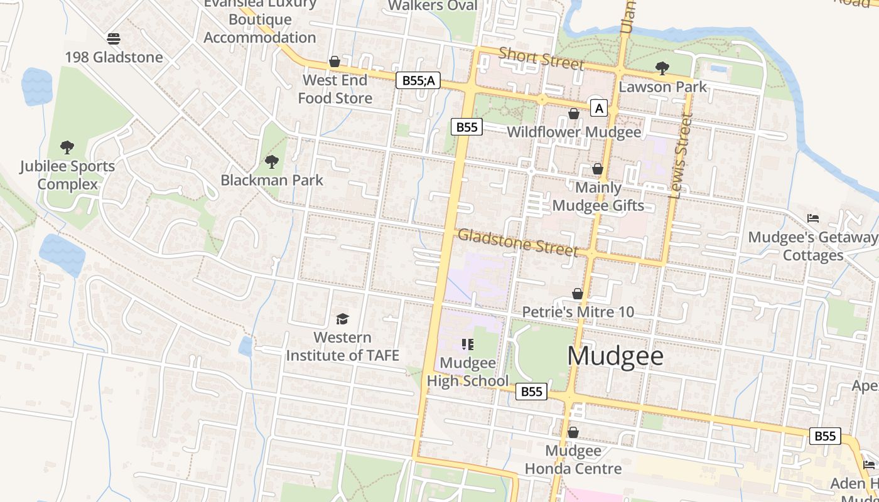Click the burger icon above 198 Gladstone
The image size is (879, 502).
pyautogui.click(x=114, y=39)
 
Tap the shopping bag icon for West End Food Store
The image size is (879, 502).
pyautogui.click(x=335, y=62)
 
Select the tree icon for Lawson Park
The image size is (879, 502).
pyautogui.click(x=662, y=68)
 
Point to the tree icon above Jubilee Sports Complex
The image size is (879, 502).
pyautogui.click(x=67, y=148)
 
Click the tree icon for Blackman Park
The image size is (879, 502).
pyautogui.click(x=272, y=162)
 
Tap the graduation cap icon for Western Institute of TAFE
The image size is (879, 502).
pyautogui.click(x=342, y=319)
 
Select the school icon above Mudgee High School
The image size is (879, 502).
pyautogui.click(x=467, y=344)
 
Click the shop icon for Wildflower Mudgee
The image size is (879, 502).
pyautogui.click(x=573, y=114)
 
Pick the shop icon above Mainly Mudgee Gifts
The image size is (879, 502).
pyautogui.click(x=598, y=169)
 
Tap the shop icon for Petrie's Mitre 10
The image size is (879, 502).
pyautogui.click(x=578, y=294)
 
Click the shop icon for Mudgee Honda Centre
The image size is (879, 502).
pyautogui.click(x=573, y=432)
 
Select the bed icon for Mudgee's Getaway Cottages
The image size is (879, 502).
pyautogui.click(x=813, y=219)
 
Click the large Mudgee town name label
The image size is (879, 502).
pyautogui.click(x=615, y=356)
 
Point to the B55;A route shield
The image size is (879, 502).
pyautogui.click(x=418, y=80)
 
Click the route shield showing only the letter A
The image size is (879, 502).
pyautogui.click(x=599, y=109)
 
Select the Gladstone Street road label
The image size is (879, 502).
pyautogui.click(x=517, y=242)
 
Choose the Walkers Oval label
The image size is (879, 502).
pyautogui.click(x=433, y=6)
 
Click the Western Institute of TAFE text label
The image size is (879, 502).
pyautogui.click(x=342, y=346)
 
